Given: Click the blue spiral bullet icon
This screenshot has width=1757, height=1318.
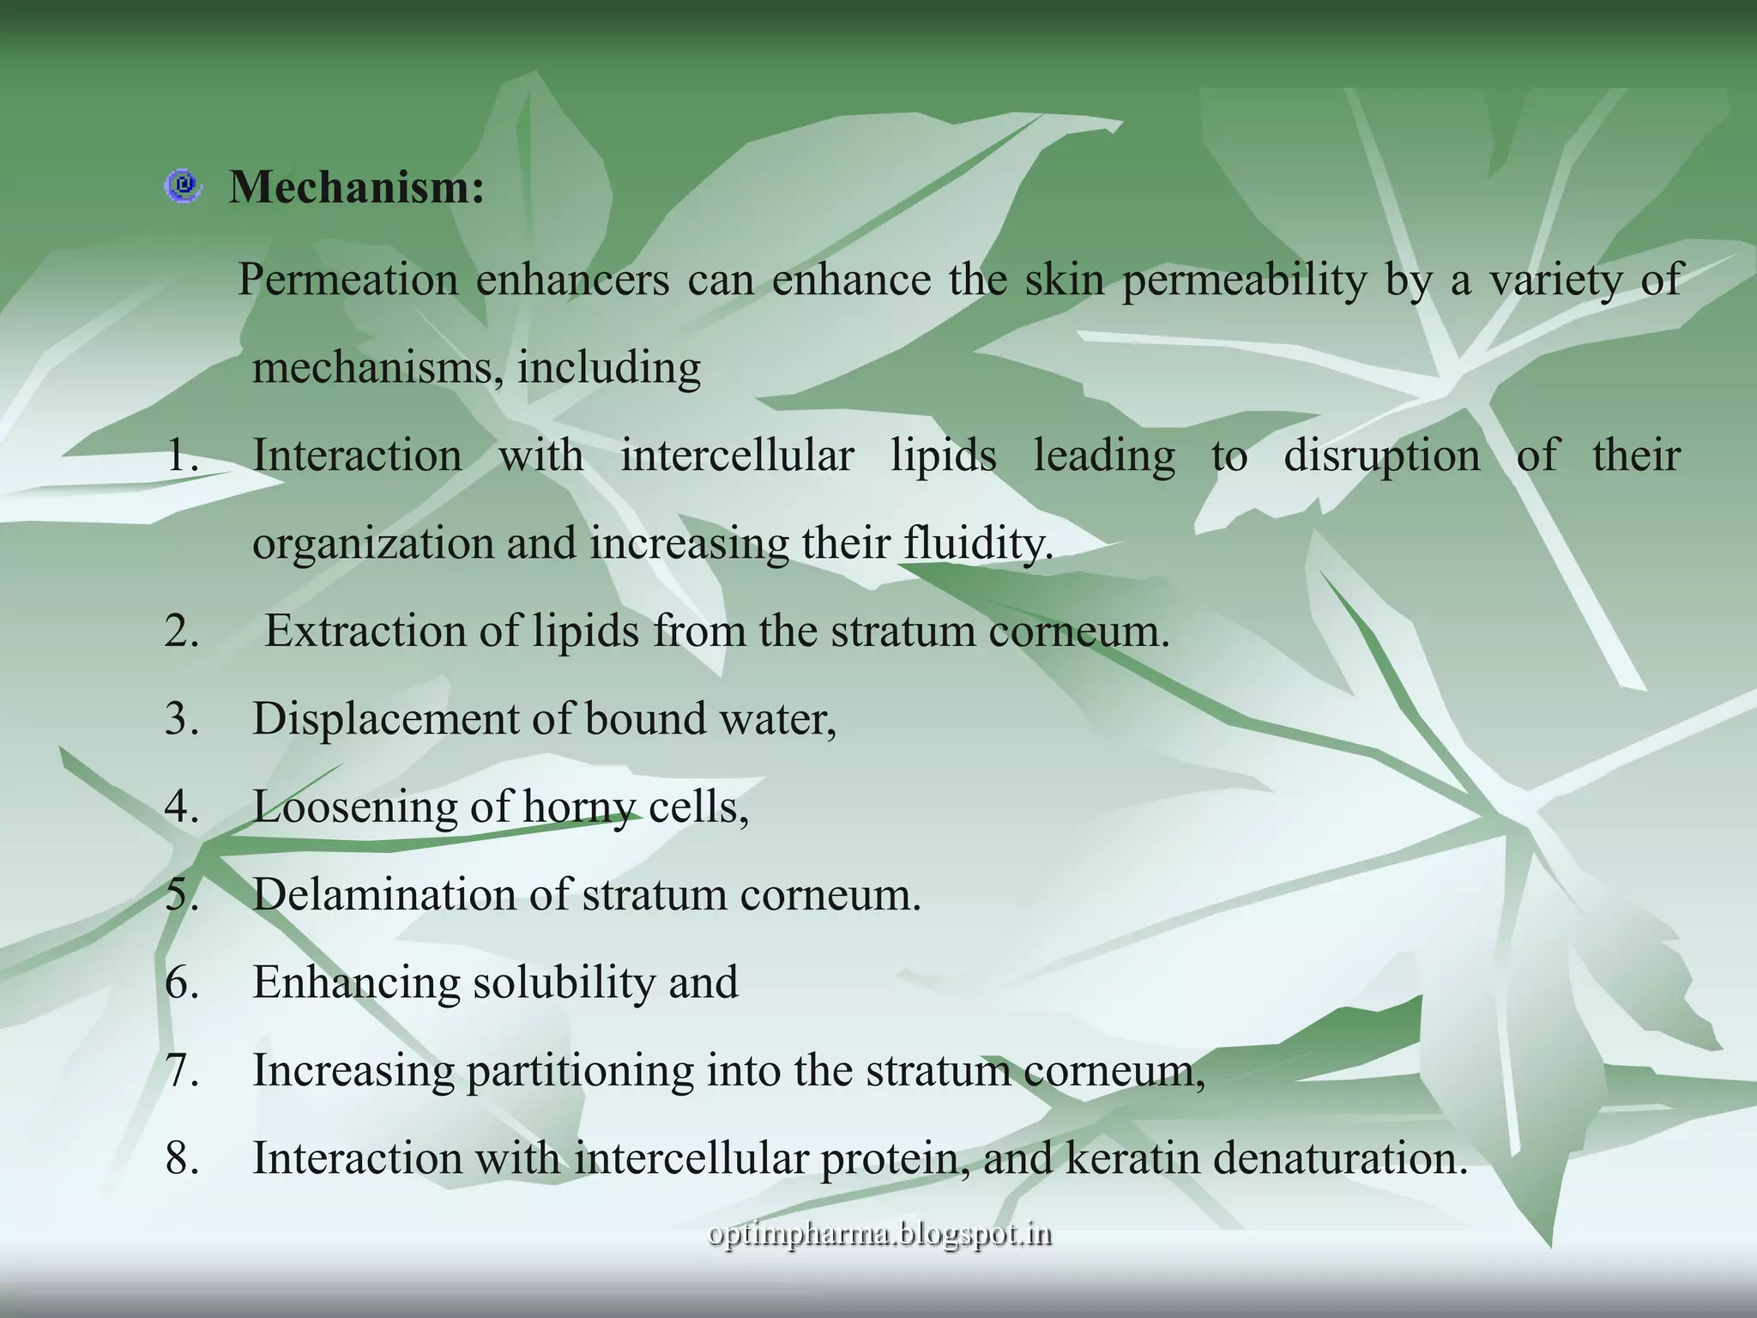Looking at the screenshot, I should coord(183,186).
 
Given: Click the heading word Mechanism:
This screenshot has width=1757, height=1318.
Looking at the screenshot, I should coord(357,186).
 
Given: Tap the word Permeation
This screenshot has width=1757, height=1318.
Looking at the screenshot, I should coord(347,280).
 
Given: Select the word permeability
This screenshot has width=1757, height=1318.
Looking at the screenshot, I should coord(1244,280).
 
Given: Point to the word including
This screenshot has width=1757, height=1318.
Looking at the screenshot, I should coord(608,367).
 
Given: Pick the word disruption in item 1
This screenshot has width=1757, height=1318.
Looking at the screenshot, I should coord(1381,455).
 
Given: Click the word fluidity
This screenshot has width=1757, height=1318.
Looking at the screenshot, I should coord(977,543).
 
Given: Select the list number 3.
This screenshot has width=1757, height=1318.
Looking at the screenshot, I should coord(181,719).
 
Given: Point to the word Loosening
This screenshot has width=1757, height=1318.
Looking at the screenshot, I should coord(355,807).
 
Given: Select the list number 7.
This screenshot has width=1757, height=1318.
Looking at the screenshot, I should coord(181,1070).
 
